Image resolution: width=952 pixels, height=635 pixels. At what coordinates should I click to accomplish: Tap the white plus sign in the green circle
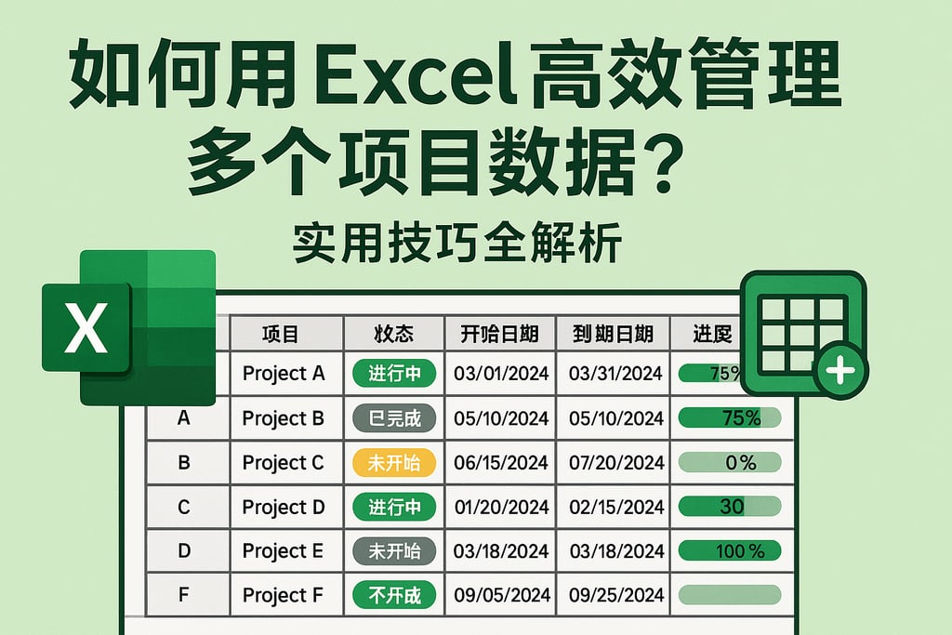840,372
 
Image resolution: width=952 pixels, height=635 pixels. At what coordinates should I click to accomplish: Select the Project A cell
284,374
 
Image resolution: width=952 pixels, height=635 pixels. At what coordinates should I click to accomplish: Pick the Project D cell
284,507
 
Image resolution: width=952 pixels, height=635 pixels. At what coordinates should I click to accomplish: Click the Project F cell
284,595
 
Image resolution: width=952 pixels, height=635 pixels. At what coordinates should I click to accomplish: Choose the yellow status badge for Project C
394,462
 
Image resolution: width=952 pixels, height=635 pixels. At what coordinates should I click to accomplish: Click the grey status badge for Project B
394,418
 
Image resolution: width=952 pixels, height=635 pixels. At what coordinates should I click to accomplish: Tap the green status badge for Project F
394,595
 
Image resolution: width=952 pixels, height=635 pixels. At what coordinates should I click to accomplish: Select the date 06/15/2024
501,462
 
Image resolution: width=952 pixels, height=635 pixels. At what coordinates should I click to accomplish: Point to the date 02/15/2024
616,507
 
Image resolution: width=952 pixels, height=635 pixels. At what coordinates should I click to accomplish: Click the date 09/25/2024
616,595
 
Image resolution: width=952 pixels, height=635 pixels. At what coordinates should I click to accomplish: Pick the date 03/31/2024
616,374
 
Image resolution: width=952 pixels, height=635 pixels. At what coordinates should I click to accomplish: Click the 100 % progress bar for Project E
730,551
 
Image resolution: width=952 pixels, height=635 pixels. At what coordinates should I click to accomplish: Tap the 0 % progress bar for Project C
730,462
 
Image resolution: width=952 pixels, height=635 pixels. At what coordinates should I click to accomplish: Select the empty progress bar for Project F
730,595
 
